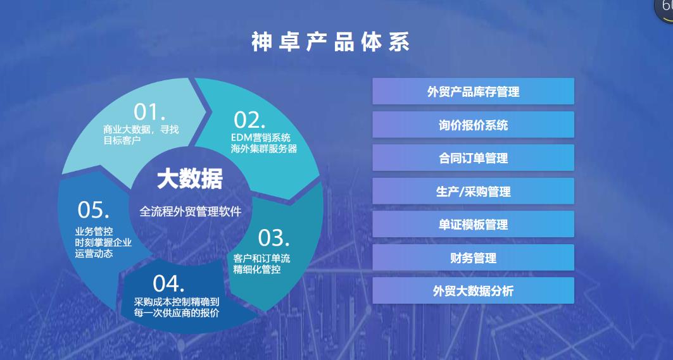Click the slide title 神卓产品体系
tap(330, 42)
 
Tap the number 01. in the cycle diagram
tap(149, 112)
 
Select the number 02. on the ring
tap(249, 120)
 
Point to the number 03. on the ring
tap(274, 238)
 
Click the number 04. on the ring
tap(168, 283)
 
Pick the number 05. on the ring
tap(93, 210)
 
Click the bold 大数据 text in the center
tap(190, 179)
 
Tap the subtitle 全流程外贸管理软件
tap(190, 211)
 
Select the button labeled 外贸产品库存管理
tap(473, 91)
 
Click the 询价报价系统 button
tap(473, 125)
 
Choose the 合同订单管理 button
tap(473, 158)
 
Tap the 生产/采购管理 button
tap(473, 191)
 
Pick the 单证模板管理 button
tap(473, 224)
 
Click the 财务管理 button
tap(473, 258)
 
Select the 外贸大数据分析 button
tap(473, 290)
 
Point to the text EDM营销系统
tap(261, 138)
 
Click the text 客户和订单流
tap(261, 258)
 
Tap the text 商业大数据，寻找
tap(141, 129)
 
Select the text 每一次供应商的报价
tap(177, 313)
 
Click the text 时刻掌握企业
tap(103, 242)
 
